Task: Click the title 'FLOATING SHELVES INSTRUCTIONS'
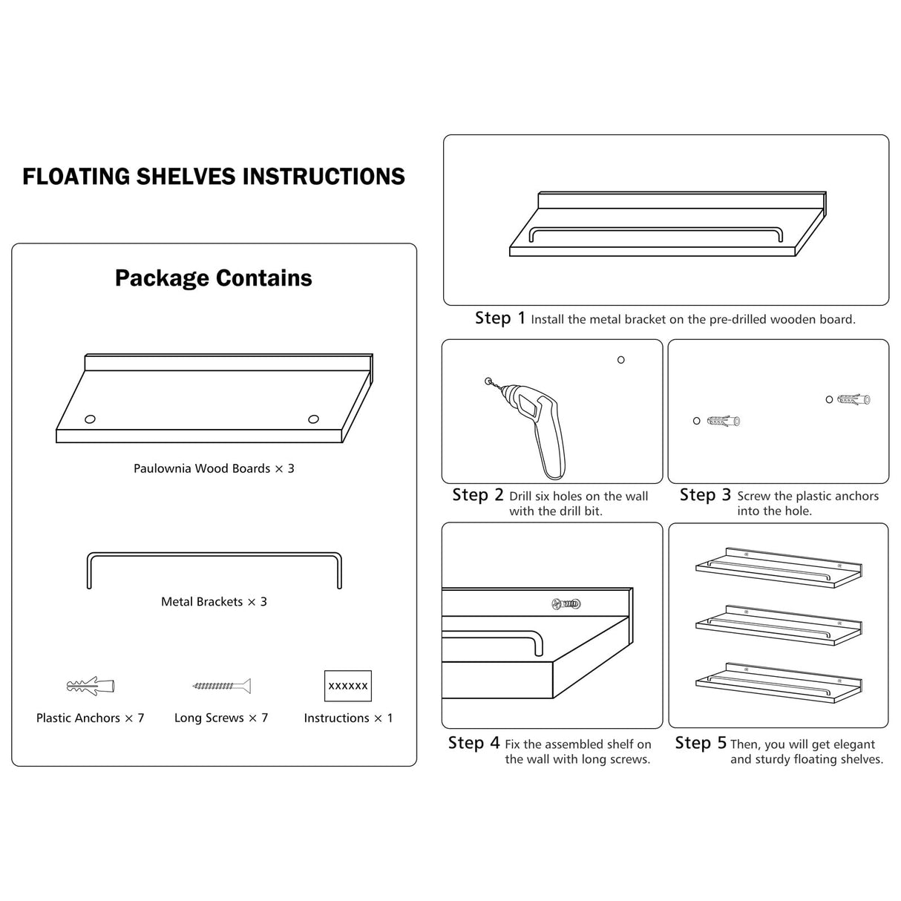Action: click(214, 177)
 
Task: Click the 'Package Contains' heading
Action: click(214, 278)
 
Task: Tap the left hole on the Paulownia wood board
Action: click(90, 419)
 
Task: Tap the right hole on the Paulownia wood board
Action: click(314, 419)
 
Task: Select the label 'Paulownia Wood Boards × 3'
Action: click(214, 468)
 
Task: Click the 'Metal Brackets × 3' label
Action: click(214, 602)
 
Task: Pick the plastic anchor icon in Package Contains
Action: click(91, 686)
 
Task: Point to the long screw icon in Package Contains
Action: click(221, 686)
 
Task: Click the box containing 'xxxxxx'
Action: click(348, 686)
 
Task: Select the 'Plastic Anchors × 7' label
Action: click(91, 718)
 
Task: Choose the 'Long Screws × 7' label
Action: click(221, 718)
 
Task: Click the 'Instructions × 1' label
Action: click(348, 718)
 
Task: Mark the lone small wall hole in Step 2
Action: click(621, 360)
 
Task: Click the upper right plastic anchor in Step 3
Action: click(854, 399)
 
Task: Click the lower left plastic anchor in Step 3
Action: click(724, 421)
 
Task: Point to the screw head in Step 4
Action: click(566, 604)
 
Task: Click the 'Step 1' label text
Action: click(500, 318)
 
